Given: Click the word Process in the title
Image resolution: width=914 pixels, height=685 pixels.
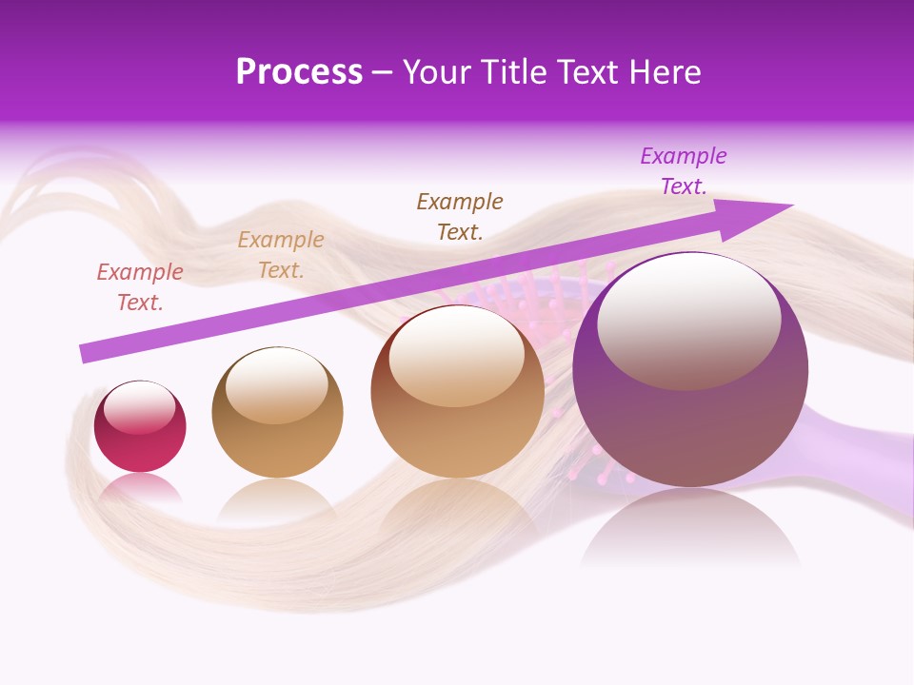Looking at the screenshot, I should tap(299, 72).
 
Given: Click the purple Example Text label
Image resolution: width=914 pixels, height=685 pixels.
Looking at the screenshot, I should tap(683, 171).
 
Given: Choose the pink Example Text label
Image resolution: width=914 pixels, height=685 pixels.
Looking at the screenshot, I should tap(140, 286).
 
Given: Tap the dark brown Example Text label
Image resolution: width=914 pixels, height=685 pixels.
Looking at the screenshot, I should tap(460, 216).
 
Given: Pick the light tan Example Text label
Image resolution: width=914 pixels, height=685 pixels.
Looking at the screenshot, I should tap(281, 254).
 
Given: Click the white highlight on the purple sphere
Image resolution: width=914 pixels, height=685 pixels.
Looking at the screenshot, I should tap(688, 319).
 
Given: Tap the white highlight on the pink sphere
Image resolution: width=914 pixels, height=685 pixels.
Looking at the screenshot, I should tap(139, 407).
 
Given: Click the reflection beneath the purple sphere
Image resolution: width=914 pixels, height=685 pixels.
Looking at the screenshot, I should tap(690, 528).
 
